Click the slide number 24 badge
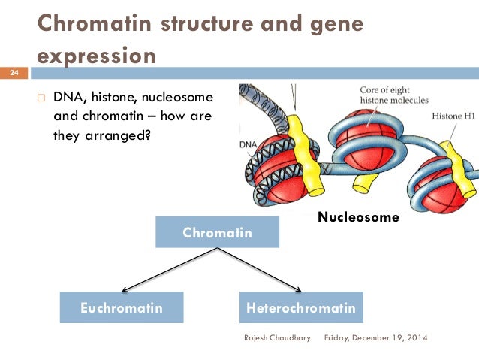pos(14,74)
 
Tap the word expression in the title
pos(98,56)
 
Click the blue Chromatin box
pos(217,232)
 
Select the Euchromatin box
pos(122,307)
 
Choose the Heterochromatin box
pos(300,307)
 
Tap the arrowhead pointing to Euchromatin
pos(124,289)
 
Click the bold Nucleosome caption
pos(358,217)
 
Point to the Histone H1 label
pos(453,116)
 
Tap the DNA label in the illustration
pos(249,143)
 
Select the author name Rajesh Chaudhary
pos(276,338)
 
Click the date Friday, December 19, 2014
pos(375,338)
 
